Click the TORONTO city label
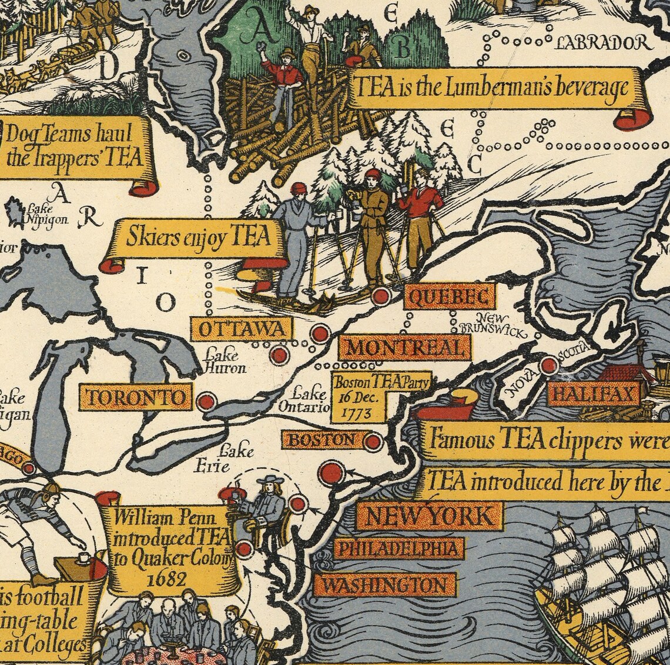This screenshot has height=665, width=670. (136, 398)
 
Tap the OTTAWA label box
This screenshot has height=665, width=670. (241, 329)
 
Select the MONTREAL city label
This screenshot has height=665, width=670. (404, 347)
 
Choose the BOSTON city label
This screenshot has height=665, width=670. (323, 439)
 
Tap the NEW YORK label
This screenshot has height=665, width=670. (429, 517)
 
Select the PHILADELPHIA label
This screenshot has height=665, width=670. (398, 549)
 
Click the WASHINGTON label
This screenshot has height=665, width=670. (384, 585)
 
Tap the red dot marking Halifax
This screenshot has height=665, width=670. (548, 366)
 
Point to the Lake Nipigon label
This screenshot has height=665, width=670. (47, 215)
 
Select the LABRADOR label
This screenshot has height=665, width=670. (603, 43)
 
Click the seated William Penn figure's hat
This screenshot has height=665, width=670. (269, 480)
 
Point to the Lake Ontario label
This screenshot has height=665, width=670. (310, 400)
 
